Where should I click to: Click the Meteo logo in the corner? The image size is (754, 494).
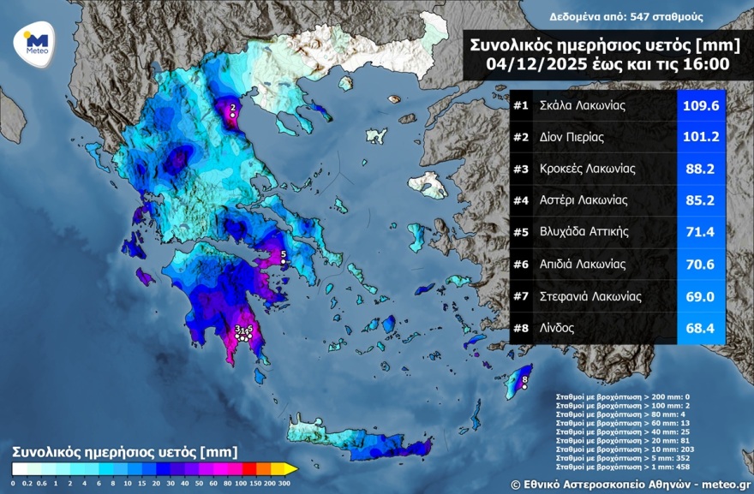pos(35,41)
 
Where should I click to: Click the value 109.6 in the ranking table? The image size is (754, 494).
pos(701,106)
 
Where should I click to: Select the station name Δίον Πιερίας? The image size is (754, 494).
pos(572,138)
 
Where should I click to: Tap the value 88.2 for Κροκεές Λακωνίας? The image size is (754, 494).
pos(701,170)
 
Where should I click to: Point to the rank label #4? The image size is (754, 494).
pos(521,201)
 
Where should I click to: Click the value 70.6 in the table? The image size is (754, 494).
pos(701,265)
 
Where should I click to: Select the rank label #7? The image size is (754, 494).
pos(521,296)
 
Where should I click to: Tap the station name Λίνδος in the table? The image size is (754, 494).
pos(558,328)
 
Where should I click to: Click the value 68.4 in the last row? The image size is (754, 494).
pos(701,328)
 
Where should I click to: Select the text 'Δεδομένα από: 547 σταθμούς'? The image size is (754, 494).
pos(614,16)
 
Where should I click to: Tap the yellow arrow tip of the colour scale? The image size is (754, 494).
pos(291,468)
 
